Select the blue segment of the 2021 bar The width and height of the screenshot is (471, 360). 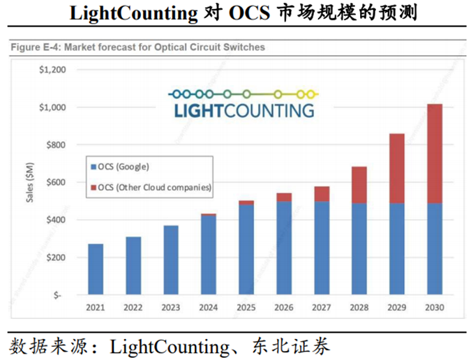96,269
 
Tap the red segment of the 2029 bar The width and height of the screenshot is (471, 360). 396,169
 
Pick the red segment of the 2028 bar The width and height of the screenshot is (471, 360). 359,185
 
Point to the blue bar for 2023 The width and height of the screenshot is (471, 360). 171,260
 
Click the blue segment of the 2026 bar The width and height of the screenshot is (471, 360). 284,248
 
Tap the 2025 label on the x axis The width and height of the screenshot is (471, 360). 246,308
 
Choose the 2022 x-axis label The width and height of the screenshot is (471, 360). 133,308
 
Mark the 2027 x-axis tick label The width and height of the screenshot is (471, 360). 321,308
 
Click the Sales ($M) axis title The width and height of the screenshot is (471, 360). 31,181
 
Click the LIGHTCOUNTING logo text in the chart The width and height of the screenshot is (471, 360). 244,110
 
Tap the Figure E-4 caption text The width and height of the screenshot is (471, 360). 137,47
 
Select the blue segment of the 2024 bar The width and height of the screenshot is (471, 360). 209,255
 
